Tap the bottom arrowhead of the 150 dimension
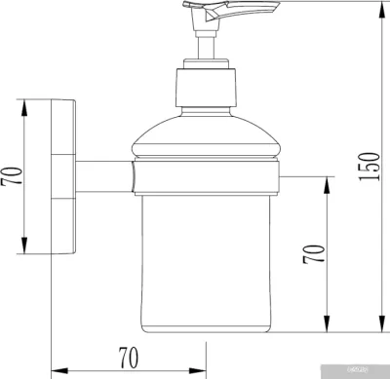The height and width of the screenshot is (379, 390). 379,328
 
